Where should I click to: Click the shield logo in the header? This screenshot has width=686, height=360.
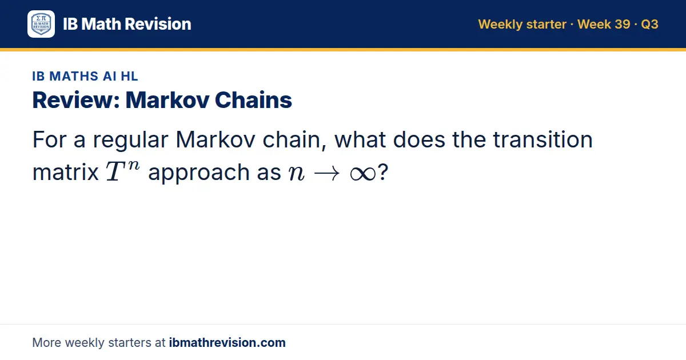41,24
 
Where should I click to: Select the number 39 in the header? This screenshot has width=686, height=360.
622,24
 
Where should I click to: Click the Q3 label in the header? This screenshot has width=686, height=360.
649,24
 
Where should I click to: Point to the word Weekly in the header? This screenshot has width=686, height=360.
500,25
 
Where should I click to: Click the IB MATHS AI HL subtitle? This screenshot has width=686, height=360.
85,76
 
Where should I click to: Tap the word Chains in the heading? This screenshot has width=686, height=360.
253,100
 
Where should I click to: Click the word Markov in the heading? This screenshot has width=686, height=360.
167,100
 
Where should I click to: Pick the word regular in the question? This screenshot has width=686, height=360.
131,140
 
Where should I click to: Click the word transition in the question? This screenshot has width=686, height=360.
543,139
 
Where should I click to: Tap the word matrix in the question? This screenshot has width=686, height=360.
66,173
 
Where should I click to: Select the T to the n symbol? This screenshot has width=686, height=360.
123,171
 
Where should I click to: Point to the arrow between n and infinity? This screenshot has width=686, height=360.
327,174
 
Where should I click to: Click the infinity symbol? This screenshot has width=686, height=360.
363,174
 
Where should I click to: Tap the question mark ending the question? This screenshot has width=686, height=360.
383,172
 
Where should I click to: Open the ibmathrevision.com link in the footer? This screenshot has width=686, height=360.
228,342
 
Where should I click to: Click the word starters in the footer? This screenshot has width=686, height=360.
130,342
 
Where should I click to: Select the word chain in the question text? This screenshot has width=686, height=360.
294,140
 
